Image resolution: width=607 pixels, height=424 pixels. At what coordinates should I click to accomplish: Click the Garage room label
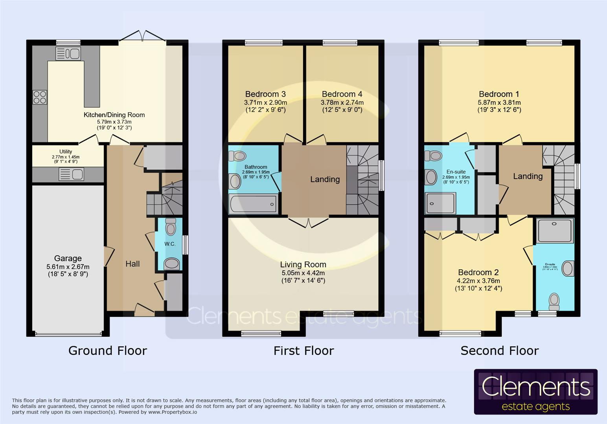(68, 258)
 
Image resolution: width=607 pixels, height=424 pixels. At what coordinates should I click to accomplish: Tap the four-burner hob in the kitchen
(40, 97)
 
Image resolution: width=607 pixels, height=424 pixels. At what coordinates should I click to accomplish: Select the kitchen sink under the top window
(68, 53)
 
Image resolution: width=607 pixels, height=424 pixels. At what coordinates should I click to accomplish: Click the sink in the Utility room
(71, 174)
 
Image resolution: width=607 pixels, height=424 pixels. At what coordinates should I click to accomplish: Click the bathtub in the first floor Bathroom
(253, 205)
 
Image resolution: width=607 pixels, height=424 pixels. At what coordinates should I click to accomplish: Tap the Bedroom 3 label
(265, 94)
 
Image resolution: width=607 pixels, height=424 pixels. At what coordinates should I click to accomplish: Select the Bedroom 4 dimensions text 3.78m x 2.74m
(342, 102)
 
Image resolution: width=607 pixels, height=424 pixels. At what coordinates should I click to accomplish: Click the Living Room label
(303, 265)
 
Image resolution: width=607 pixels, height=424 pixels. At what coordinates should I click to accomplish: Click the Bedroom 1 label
(499, 94)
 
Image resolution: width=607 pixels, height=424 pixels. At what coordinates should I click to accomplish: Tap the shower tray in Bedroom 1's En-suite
(441, 203)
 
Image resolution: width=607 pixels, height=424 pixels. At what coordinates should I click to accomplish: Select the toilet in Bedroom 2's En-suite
(554, 300)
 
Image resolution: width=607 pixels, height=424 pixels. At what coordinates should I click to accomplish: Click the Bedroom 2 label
(478, 272)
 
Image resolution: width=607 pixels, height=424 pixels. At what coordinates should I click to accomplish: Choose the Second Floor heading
(499, 351)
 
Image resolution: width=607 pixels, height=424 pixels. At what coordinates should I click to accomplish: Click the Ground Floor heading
(108, 351)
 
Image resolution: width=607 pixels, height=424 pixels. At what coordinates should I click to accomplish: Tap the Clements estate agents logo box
(535, 392)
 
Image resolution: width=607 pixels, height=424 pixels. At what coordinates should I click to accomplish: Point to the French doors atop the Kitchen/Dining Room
(142, 36)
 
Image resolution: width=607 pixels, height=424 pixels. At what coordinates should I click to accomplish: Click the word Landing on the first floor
(325, 179)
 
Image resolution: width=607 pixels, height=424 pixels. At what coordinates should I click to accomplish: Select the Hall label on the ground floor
(132, 264)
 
